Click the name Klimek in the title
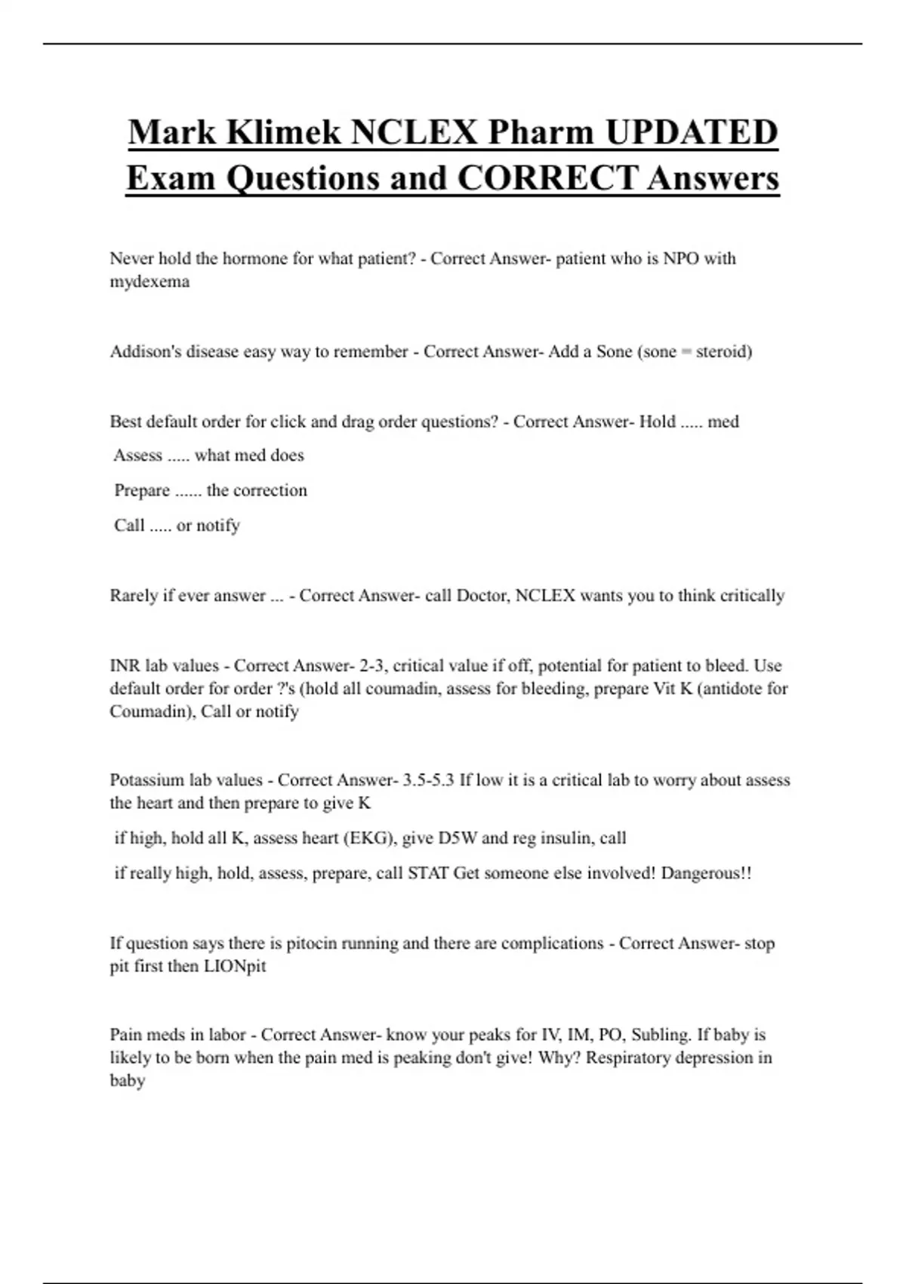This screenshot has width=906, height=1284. point(283,132)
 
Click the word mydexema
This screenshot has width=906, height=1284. point(149,282)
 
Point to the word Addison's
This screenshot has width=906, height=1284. point(146,351)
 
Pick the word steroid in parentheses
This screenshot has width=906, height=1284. point(723,351)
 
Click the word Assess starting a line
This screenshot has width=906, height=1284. point(137,455)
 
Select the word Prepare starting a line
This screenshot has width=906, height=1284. point(142,490)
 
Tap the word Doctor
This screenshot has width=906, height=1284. point(483,595)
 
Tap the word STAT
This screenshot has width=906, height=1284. point(427,873)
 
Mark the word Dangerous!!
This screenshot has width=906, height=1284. point(706,873)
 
